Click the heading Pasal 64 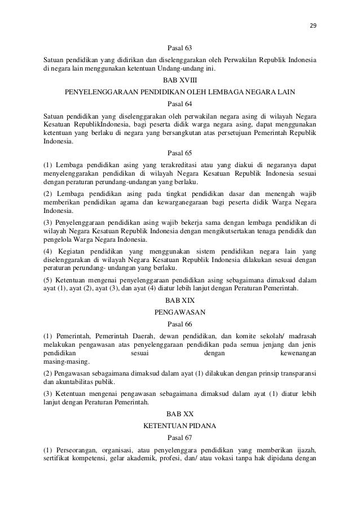(x=180, y=104)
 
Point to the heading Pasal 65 (x=180, y=152)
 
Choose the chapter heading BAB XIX (x=180, y=300)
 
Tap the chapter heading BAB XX (x=180, y=414)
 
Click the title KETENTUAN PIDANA (x=180, y=425)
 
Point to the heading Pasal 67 (x=180, y=437)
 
